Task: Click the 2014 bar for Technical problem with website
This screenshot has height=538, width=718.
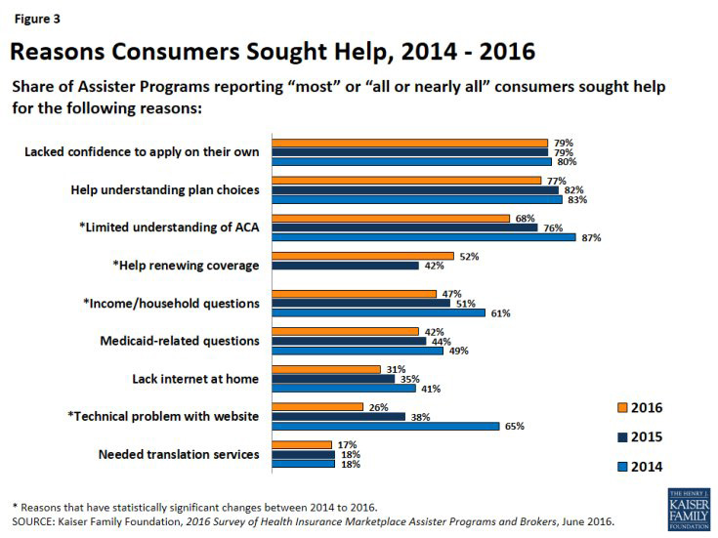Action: point(385,426)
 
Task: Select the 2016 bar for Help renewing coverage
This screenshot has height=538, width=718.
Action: point(361,256)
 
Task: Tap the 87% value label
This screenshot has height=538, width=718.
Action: point(590,237)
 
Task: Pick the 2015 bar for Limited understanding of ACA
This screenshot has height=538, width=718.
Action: point(404,228)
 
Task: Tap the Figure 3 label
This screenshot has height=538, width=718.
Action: point(34,16)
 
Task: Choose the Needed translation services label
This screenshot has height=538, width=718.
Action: point(179,454)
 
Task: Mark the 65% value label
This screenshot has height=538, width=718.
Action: point(514,427)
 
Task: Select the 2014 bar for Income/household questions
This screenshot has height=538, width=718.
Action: point(378,312)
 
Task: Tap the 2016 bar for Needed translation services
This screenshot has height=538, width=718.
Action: point(304,445)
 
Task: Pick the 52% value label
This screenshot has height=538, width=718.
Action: point(468,256)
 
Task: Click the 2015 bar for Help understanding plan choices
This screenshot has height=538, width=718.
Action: point(414,189)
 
